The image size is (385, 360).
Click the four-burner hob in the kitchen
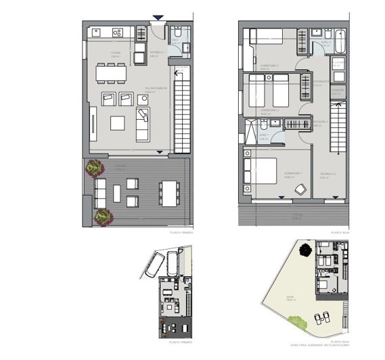point(117,31)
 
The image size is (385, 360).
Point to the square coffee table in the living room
point(118,123)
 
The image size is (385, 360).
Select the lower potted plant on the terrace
point(103,215)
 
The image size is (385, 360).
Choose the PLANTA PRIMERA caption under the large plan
point(181,231)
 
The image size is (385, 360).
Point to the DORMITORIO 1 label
point(292,174)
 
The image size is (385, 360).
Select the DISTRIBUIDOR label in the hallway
point(321,81)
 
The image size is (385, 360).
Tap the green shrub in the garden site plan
point(292,329)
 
